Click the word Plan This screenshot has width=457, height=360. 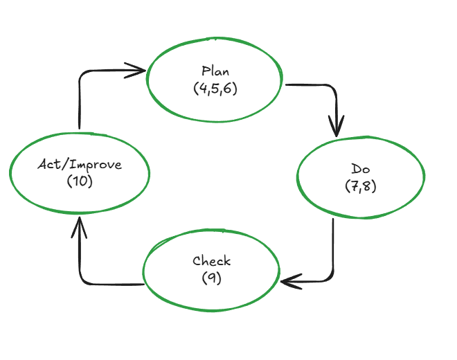coord(215,71)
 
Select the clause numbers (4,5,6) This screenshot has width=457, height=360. coord(215,88)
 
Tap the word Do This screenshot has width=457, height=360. coord(360,170)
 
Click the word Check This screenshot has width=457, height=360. coord(212,261)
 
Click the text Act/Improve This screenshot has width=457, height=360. coord(80,165)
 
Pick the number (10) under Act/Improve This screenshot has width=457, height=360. coord(80,181)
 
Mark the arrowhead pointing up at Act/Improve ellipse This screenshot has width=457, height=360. coord(80,223)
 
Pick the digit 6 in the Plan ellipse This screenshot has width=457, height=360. coord(228,89)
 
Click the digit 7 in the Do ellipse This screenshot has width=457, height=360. coord(354,186)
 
